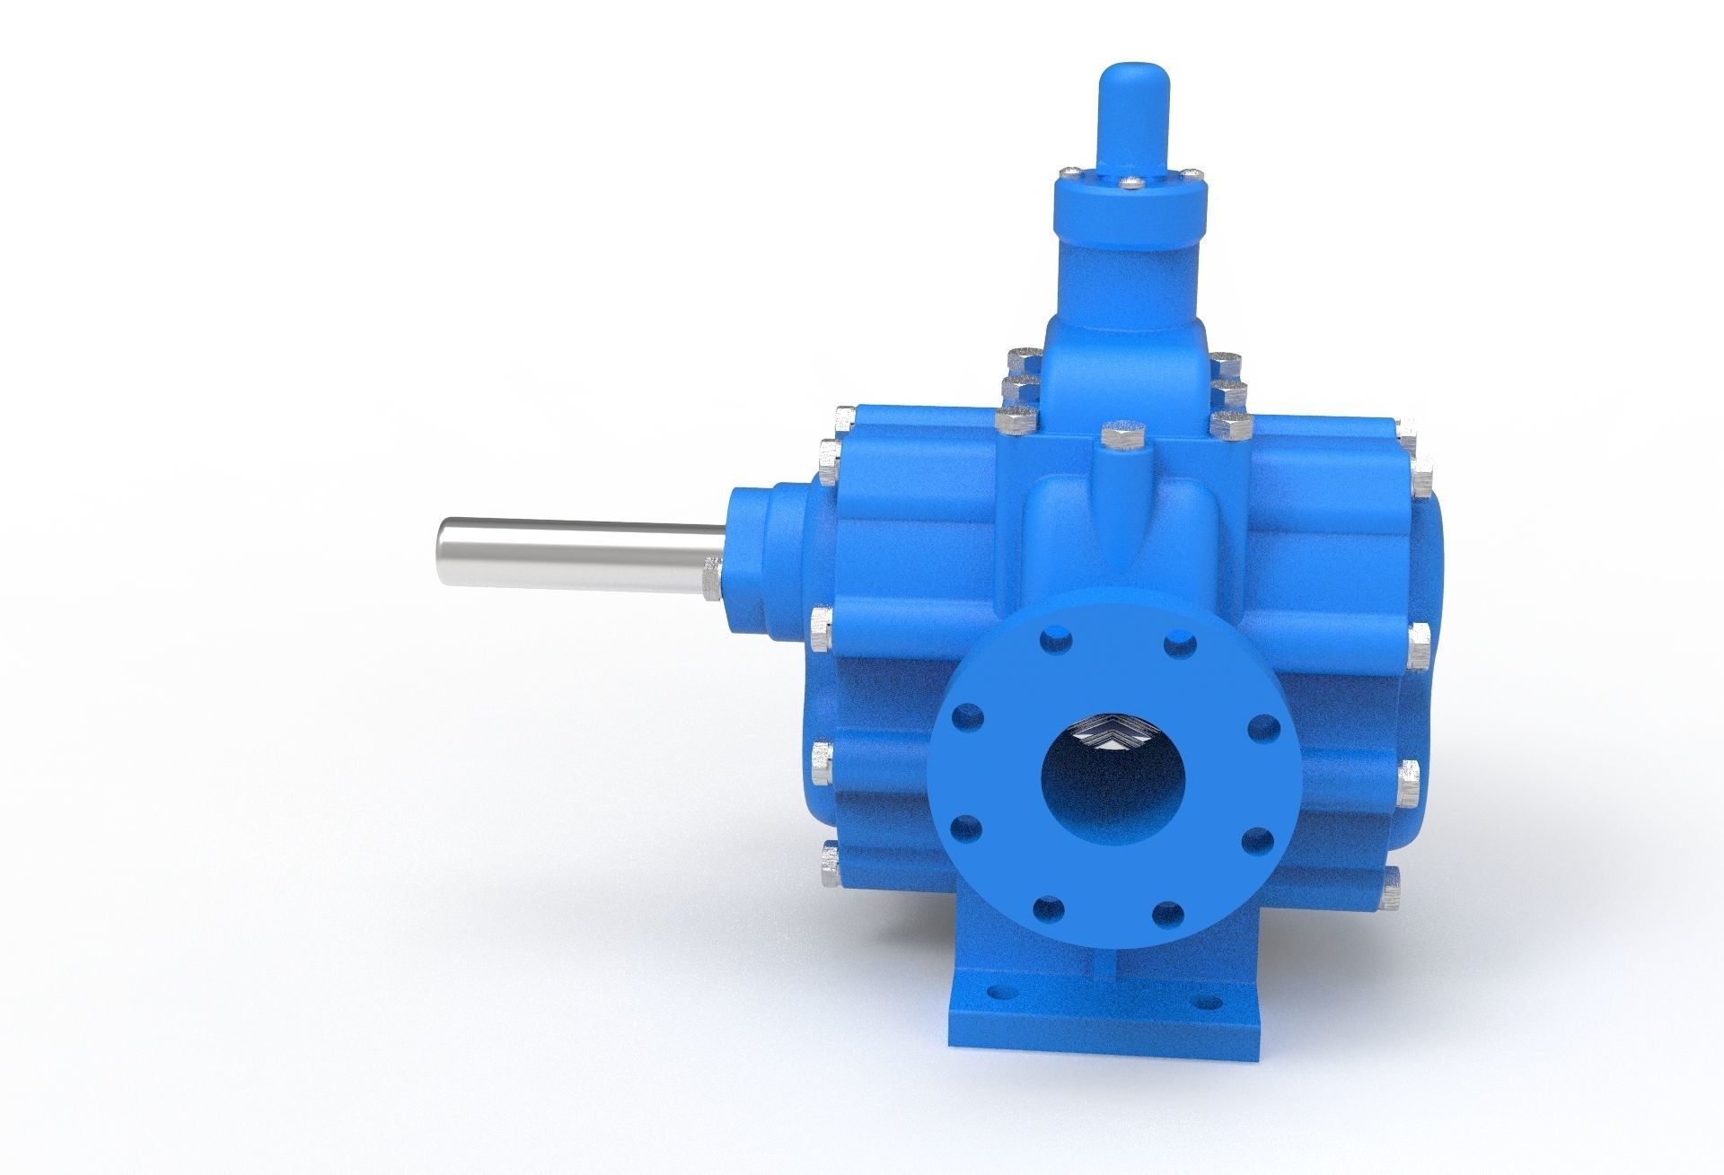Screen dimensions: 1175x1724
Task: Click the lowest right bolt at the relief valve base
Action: pyautogui.click(x=1226, y=424)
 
